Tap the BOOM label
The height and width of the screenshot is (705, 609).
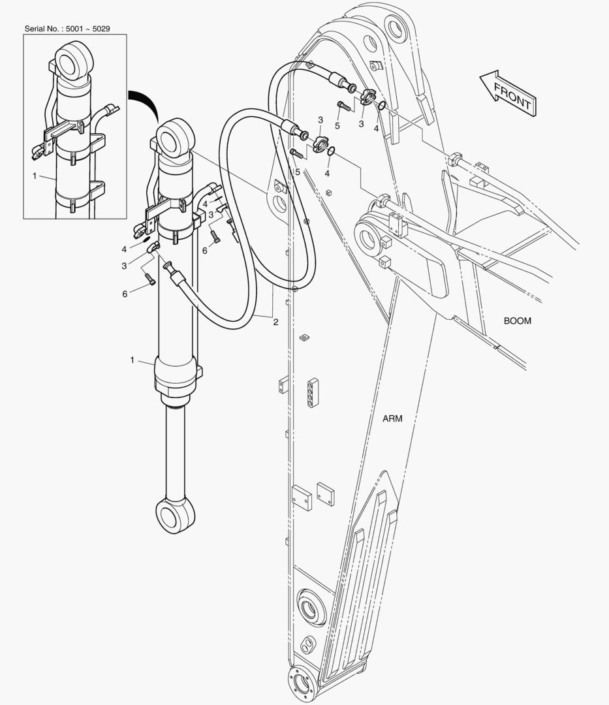tap(518, 321)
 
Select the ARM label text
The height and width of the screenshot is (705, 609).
tap(392, 418)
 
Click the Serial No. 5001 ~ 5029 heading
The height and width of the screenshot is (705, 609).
tap(67, 29)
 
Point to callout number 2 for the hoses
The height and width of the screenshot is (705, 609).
tap(275, 322)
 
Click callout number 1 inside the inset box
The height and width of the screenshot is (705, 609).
tap(35, 176)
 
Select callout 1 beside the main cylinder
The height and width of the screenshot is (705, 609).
tap(132, 360)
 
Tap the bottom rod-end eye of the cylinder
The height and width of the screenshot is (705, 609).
tap(176, 515)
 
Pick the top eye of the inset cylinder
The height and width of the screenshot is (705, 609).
tap(74, 61)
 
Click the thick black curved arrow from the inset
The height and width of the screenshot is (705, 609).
tap(145, 102)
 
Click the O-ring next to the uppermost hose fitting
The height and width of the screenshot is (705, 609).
tap(381, 105)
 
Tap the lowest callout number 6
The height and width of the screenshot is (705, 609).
tap(125, 294)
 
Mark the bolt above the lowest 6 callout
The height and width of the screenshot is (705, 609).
tap(149, 279)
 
